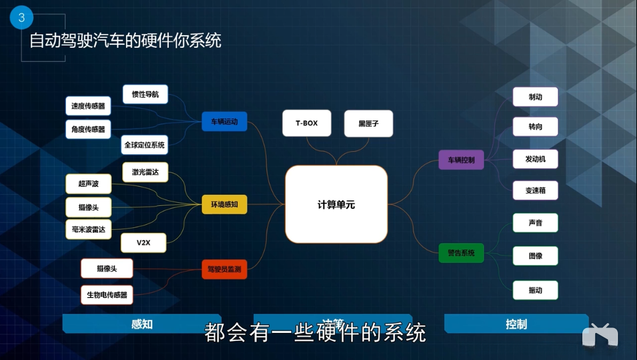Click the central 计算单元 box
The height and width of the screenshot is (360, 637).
pos(336,205)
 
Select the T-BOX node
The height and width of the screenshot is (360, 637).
pos(307,123)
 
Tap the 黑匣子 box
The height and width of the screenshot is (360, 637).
pos(369,123)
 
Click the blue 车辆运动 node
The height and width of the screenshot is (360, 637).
pos(224,122)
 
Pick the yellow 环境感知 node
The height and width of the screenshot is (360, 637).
pos(224,205)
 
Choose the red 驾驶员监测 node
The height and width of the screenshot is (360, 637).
pos(224,269)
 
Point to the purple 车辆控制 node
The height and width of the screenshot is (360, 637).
pos(461,160)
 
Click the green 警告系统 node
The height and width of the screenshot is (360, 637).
pos(461,252)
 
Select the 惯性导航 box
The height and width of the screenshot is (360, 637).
pos(145,95)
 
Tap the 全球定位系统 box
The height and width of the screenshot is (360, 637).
pos(144,145)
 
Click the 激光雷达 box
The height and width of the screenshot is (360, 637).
pos(145,173)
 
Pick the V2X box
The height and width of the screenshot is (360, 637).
pos(143,243)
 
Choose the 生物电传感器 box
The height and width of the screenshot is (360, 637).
pos(107,295)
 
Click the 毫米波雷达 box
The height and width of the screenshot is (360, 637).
pos(88,229)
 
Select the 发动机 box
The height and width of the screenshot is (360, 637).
pos(535,159)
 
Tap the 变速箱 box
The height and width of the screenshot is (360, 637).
pos(535,190)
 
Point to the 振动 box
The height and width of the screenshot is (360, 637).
pos(535,290)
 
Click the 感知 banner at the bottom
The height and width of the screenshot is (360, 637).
pos(141,324)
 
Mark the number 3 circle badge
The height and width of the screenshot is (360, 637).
pos(21,18)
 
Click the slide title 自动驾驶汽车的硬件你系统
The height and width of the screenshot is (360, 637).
pos(125,41)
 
